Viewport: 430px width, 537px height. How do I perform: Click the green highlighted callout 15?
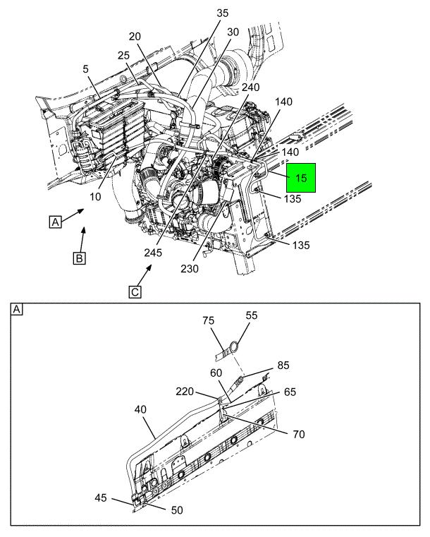(x=301, y=178)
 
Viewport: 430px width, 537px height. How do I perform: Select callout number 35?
(x=222, y=13)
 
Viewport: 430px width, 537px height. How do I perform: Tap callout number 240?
(x=250, y=88)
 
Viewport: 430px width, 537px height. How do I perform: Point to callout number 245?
(x=152, y=253)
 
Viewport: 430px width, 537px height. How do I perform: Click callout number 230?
(x=190, y=269)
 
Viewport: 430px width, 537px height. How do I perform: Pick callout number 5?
(x=85, y=69)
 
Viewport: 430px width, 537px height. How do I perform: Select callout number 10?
(x=95, y=197)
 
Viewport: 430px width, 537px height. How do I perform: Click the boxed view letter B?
(x=80, y=258)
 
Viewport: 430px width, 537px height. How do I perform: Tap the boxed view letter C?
(x=135, y=292)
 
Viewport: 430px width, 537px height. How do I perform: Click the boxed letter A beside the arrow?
(x=56, y=222)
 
